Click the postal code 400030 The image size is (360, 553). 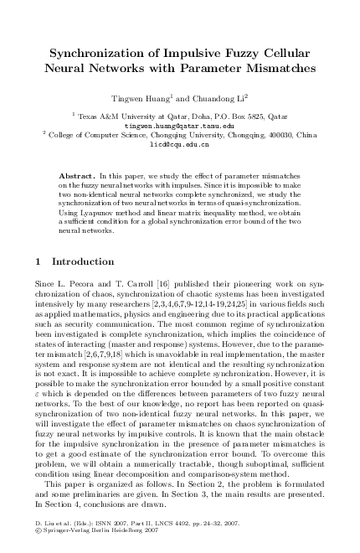click(279, 134)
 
